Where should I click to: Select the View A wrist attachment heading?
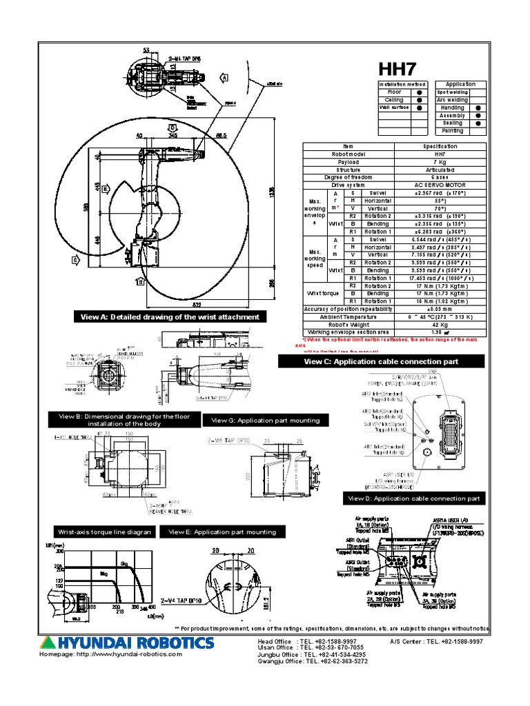170,316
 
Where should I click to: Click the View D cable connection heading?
414,498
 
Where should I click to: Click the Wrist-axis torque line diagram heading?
104,532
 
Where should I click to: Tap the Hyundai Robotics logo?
126,643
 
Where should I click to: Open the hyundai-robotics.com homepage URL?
110,654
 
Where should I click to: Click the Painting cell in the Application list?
453,130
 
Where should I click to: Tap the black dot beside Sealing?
478,123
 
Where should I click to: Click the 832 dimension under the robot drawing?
197,304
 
